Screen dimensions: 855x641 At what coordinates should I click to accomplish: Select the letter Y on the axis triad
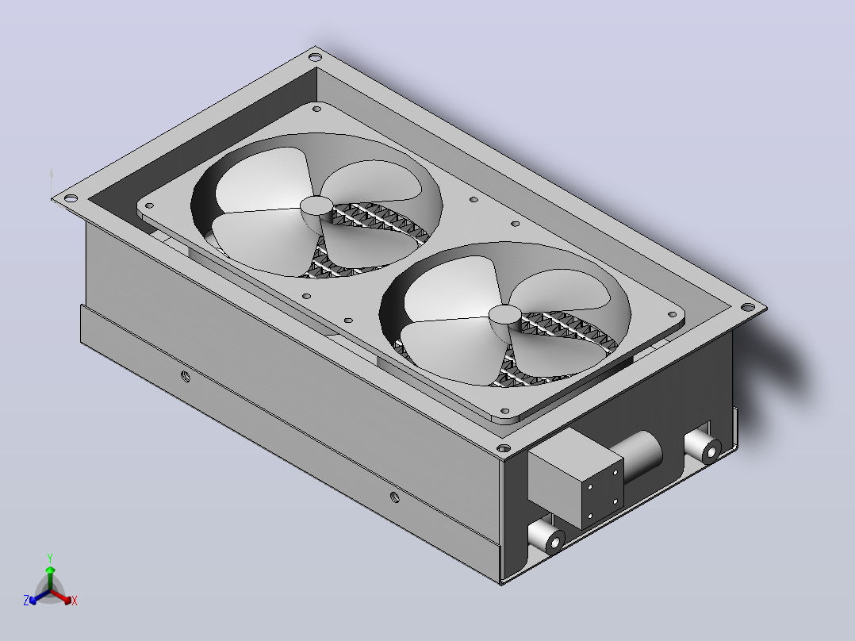pyautogui.click(x=50, y=558)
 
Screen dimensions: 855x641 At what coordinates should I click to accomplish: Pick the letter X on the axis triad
pyautogui.click(x=75, y=601)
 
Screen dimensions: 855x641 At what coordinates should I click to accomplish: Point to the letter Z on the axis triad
pyautogui.click(x=26, y=601)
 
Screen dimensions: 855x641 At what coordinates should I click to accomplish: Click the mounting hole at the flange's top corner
pyautogui.click(x=315, y=57)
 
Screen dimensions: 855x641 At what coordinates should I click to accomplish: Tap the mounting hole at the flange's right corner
pyautogui.click(x=747, y=308)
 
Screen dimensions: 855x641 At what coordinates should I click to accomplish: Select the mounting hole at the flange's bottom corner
pyautogui.click(x=504, y=448)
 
